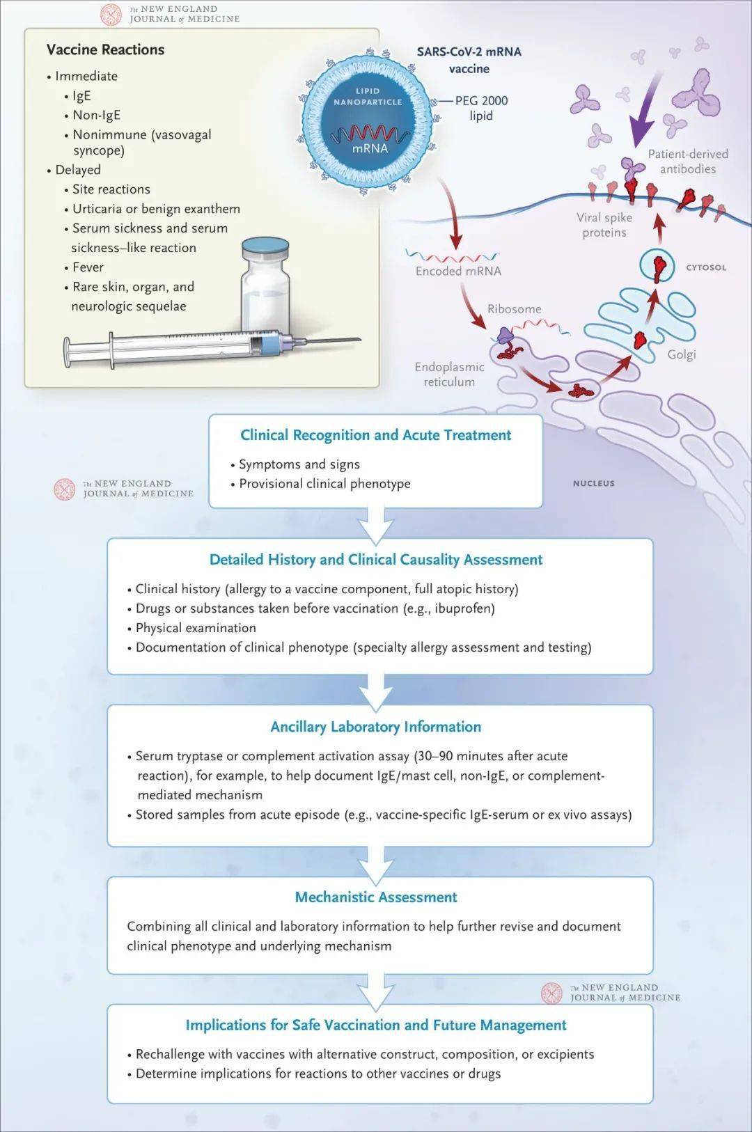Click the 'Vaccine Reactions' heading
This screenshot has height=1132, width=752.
click(x=105, y=49)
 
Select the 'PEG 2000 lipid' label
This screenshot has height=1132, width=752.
click(x=481, y=108)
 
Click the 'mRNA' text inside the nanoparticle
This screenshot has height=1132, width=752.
click(x=370, y=148)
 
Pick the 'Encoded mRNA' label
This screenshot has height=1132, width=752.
click(x=458, y=272)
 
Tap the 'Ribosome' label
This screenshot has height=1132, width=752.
click(x=514, y=308)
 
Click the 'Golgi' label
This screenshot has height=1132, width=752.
click(x=681, y=354)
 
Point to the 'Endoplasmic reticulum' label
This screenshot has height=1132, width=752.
click(x=449, y=374)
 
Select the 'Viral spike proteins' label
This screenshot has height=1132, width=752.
click(x=604, y=225)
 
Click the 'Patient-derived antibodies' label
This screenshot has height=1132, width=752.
click(x=688, y=161)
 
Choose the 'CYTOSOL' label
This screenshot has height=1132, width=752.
click(x=705, y=267)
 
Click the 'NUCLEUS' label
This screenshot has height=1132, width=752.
click(x=593, y=483)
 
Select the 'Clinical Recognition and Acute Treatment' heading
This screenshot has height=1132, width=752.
click(x=375, y=435)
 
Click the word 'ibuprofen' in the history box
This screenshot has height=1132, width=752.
click(x=462, y=608)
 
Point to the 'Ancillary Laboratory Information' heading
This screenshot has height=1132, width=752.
click(x=375, y=727)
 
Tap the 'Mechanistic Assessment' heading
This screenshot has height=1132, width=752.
click(x=375, y=897)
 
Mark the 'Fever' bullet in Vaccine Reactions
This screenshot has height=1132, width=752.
click(x=88, y=267)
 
